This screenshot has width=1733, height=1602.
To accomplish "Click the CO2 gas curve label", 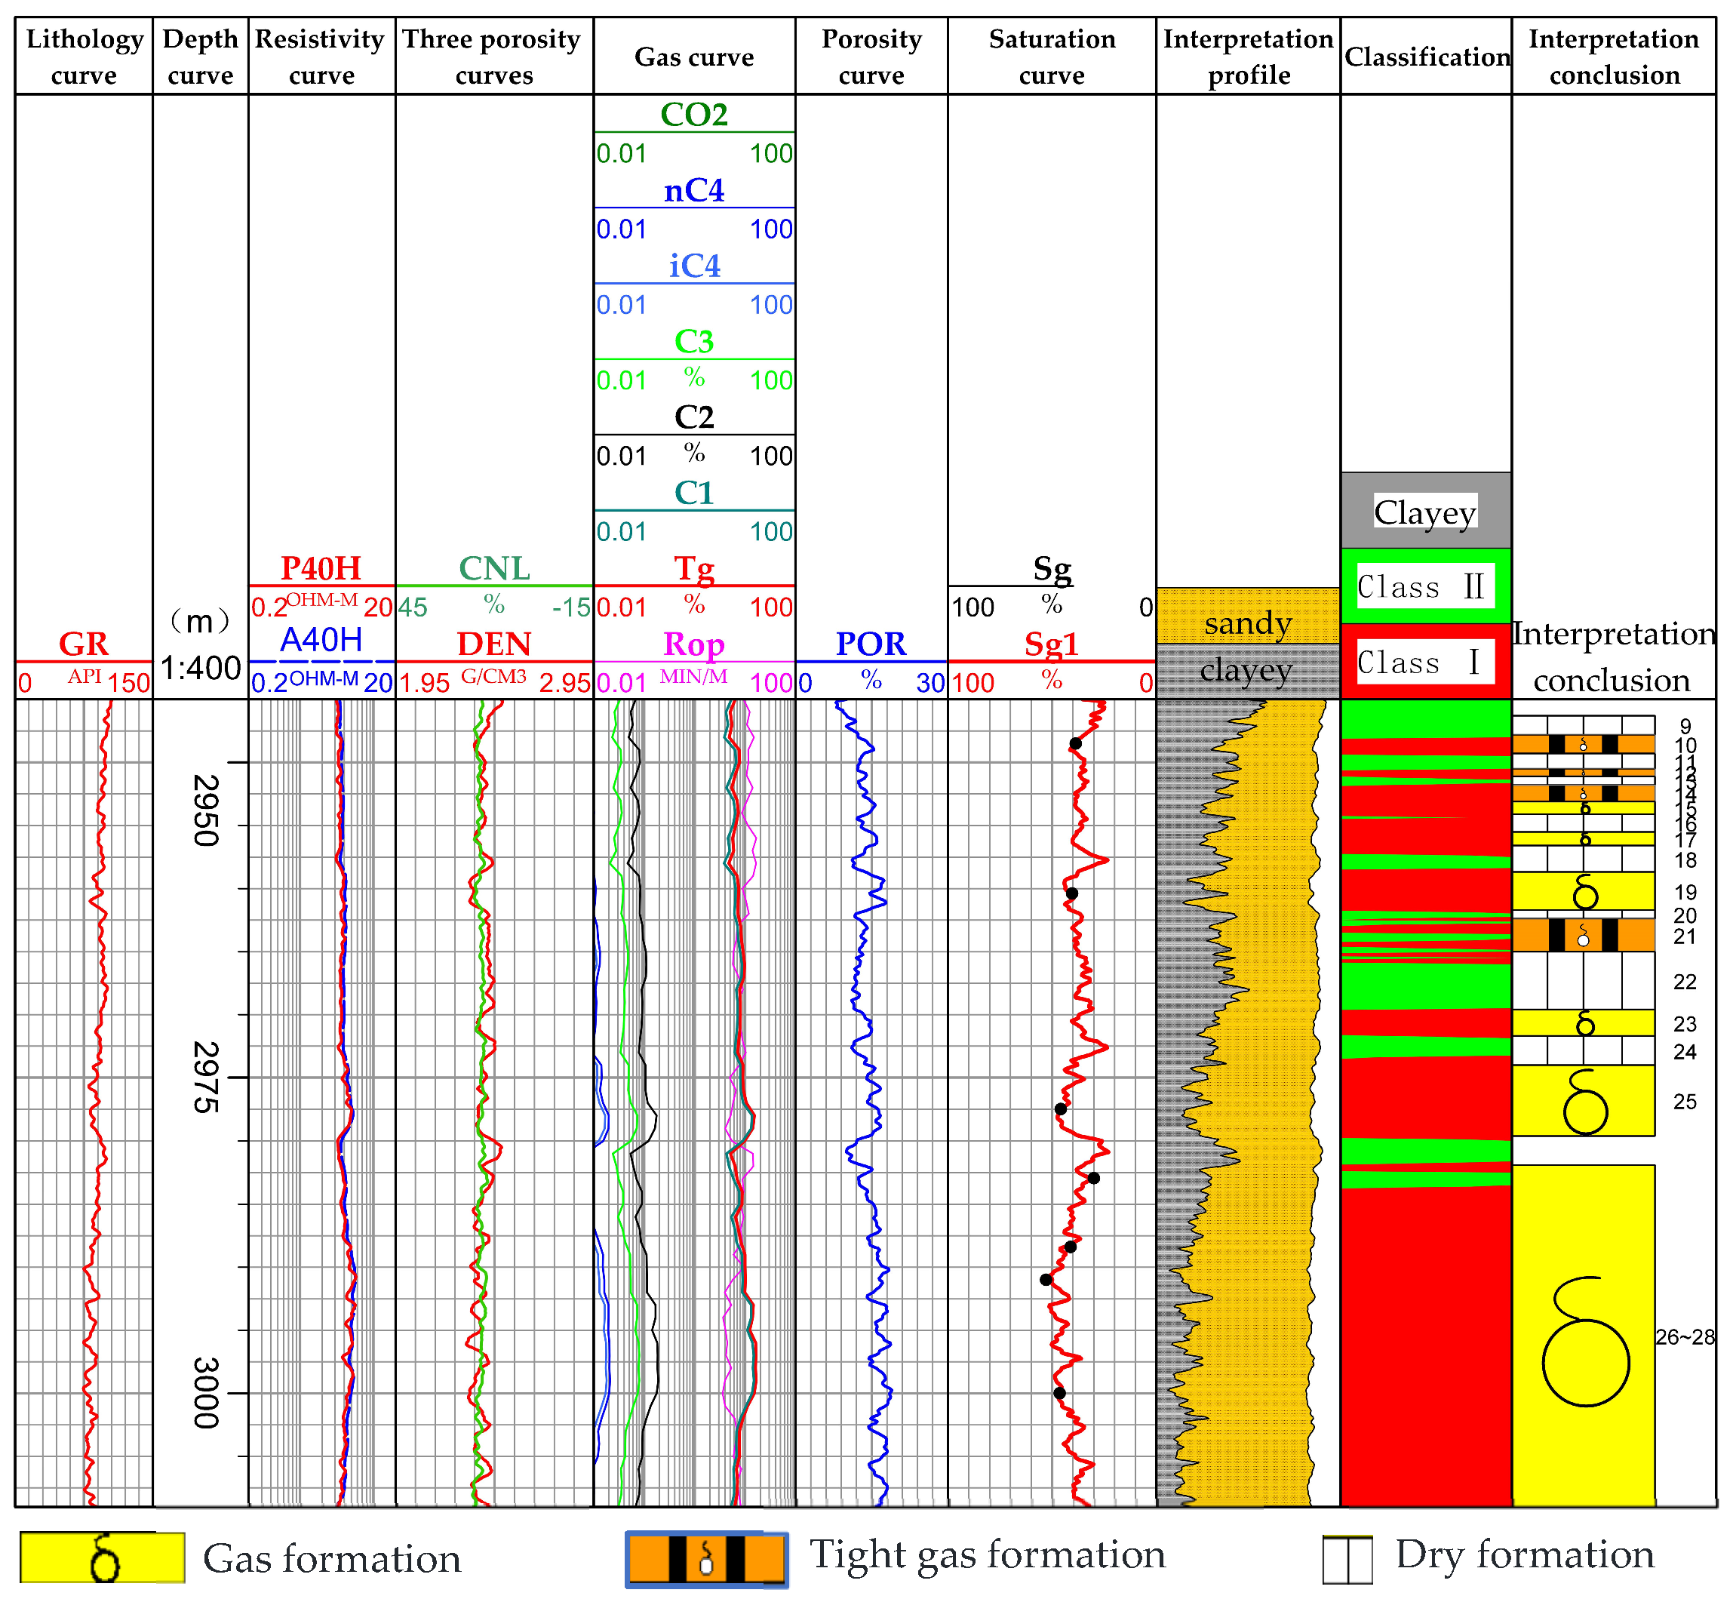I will [x=694, y=115].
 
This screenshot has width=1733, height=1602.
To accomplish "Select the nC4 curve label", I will [x=694, y=191].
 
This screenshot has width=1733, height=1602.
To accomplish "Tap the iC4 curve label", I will [x=694, y=266].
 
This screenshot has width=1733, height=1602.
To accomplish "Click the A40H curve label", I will [x=321, y=641].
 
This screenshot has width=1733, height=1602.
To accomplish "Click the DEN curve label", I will [x=494, y=644].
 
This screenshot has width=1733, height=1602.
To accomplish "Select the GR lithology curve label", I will [x=83, y=644].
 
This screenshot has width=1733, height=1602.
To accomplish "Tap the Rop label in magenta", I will [x=694, y=644].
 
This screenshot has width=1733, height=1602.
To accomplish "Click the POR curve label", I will [x=871, y=644].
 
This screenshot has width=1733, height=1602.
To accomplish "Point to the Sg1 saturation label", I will [x=1051, y=644].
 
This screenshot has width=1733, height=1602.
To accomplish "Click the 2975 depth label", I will [x=204, y=1077].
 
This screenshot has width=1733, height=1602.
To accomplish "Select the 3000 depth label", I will [x=204, y=1393].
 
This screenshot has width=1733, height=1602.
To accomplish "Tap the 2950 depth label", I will [x=204, y=810].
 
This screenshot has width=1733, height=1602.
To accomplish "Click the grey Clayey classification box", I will [x=1425, y=512].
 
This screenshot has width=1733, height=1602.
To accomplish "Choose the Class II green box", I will [x=1425, y=587].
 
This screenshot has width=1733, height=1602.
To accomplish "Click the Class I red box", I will [x=1425, y=663].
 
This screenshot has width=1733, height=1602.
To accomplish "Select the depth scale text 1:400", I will [x=200, y=669].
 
